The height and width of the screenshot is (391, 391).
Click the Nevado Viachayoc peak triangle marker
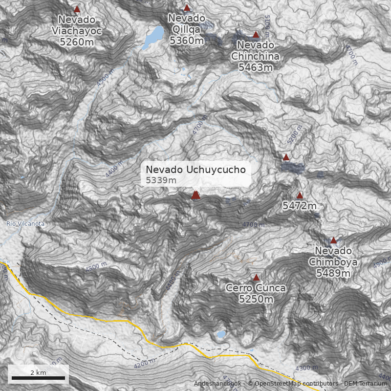tap(77, 9)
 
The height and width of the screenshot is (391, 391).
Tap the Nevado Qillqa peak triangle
tap(187, 7)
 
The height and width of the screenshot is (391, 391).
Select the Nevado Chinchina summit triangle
tap(256, 34)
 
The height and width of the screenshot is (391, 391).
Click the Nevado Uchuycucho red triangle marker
tap(195, 195)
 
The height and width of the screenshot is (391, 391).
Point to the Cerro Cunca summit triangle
tap(256, 277)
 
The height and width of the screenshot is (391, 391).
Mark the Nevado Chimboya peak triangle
tap(333, 240)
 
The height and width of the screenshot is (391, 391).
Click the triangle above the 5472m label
tap(300, 195)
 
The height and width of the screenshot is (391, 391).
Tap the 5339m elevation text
tap(161, 181)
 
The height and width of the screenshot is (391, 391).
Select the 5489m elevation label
tap(333, 273)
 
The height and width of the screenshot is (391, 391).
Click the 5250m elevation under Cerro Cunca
tap(256, 299)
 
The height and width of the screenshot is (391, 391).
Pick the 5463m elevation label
tap(255, 67)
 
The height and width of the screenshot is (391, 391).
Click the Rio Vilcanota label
tap(25, 224)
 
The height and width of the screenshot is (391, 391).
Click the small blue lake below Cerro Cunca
tap(221, 335)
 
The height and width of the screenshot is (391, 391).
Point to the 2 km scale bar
tap(38, 378)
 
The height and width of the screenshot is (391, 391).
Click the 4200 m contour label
tap(144, 363)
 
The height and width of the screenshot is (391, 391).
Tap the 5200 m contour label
tap(295, 136)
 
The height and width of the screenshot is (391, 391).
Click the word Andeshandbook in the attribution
tap(217, 384)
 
